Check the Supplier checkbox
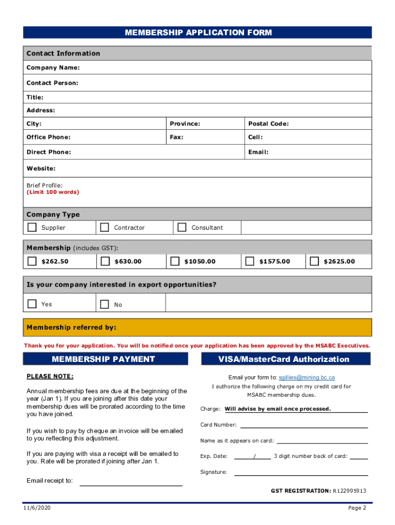click(32, 227)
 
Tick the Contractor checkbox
click(105, 227)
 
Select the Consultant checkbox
click(182, 227)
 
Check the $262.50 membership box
click(32, 261)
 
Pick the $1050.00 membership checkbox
click(175, 261)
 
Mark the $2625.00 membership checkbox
click(314, 261)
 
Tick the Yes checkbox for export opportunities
click(32, 304)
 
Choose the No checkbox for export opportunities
click(105, 305)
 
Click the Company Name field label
click(53, 68)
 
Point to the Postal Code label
click(268, 124)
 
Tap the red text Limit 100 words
click(53, 192)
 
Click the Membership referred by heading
click(71, 327)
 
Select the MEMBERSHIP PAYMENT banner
click(103, 359)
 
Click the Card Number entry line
click(304, 425)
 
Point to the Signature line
click(301, 472)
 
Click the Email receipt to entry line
click(131, 482)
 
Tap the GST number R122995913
click(349, 491)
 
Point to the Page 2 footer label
click(357, 508)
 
